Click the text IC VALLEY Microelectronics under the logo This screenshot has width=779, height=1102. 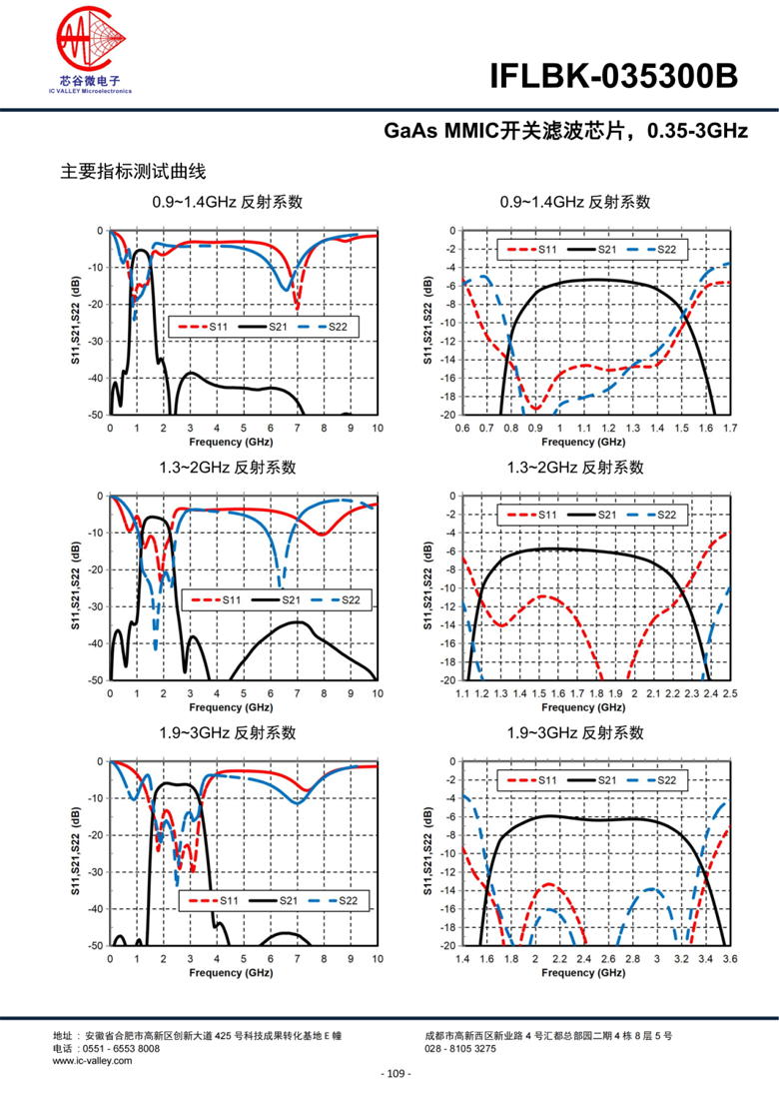[90, 90]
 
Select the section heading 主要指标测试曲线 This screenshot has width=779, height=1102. [133, 172]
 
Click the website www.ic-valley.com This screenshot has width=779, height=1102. [92, 1060]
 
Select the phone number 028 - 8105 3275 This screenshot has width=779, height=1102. [459, 1049]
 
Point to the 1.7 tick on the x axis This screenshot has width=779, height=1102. [729, 428]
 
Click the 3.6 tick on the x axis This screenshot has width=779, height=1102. [729, 958]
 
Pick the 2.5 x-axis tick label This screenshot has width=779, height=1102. [729, 692]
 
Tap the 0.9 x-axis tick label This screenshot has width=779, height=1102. [534, 428]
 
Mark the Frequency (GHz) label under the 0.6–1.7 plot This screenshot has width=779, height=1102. [595, 441]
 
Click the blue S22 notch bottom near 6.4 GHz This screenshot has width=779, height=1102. [280, 584]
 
